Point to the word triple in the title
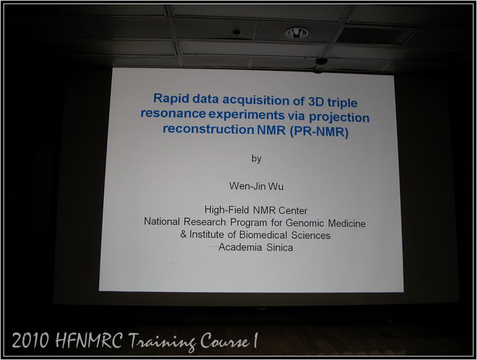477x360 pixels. pyautogui.click(x=342, y=103)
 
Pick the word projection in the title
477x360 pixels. pyautogui.click(x=339, y=117)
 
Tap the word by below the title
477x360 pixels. pyautogui.click(x=257, y=158)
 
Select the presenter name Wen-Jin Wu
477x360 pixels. pyautogui.click(x=257, y=186)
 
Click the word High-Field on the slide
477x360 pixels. pyautogui.click(x=227, y=210)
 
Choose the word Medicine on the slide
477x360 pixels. pyautogui.click(x=347, y=223)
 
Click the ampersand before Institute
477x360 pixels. pyautogui.click(x=183, y=235)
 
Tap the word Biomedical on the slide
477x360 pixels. pyautogui.click(x=263, y=235)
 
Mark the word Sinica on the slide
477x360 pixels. pyautogui.click(x=280, y=247)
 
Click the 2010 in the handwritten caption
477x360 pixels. pyautogui.click(x=30, y=340)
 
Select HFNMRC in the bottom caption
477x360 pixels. pyautogui.click(x=89, y=340)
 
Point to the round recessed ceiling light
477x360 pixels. pyautogui.click(x=297, y=33)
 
